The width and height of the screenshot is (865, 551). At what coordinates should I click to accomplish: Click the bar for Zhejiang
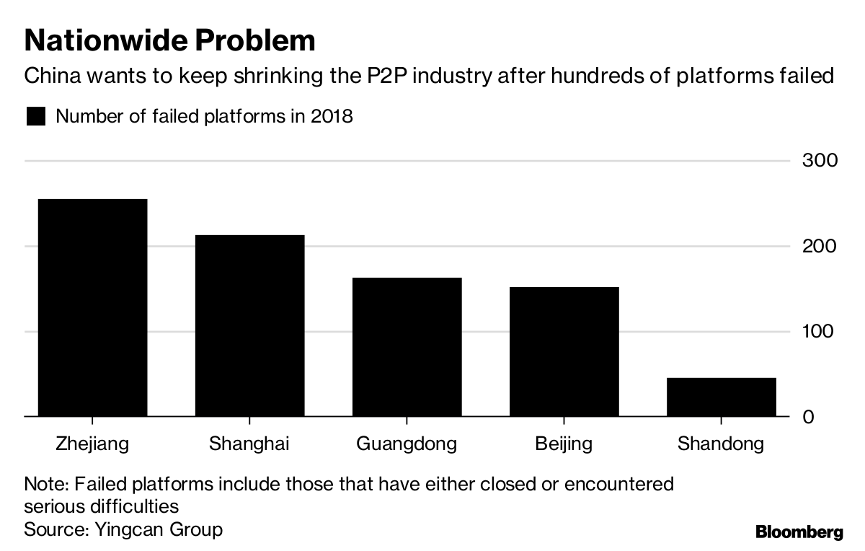tap(92, 308)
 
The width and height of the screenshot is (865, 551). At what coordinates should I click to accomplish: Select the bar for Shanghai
tap(249, 326)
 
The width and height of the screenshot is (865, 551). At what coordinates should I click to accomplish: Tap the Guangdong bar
tap(407, 347)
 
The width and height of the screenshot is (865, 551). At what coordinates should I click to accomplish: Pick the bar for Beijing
tap(564, 352)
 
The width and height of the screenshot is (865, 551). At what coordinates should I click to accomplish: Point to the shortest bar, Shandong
tap(722, 397)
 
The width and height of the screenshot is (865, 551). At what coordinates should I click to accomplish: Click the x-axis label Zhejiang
tap(92, 443)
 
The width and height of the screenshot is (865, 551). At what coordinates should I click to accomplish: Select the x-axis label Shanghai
tap(249, 443)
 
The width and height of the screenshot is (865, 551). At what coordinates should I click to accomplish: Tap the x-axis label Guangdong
tap(407, 443)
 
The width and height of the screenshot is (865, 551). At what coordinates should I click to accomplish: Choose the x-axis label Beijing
tap(564, 443)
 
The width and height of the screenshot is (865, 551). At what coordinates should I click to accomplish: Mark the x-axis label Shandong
tap(721, 443)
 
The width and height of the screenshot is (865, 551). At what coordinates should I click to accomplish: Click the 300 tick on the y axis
tap(820, 160)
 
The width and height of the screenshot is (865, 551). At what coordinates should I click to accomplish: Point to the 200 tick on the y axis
tap(820, 246)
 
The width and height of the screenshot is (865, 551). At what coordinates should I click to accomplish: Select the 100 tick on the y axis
tap(820, 332)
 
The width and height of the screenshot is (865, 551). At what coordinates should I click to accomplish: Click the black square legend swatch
tap(36, 116)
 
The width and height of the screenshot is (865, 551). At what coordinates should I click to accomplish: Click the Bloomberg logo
tap(799, 533)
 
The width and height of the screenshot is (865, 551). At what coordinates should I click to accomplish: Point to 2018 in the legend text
tap(332, 116)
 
